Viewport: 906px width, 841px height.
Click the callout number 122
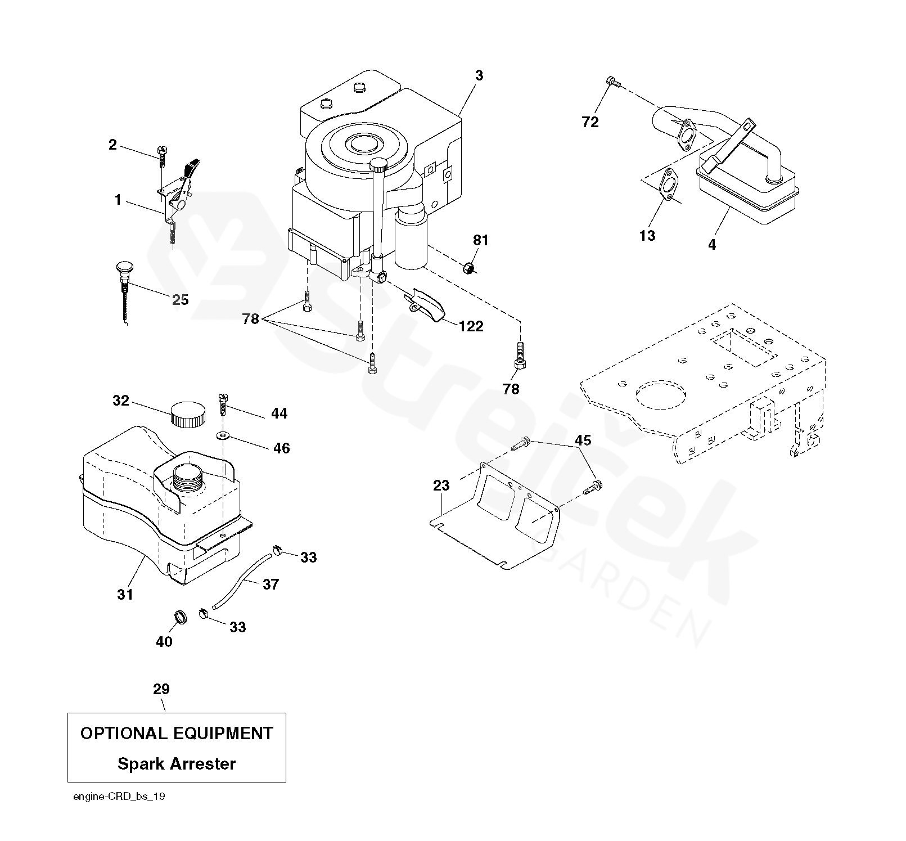pos(471,326)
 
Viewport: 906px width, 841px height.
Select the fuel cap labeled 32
pos(188,415)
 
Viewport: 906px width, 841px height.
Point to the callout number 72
pos(590,122)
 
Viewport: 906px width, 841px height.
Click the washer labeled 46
pos(225,435)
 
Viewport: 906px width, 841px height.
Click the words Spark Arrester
pos(177,764)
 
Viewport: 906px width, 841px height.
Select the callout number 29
pos(161,689)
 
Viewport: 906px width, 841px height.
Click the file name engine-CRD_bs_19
pos(119,797)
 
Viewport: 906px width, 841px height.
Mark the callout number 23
pos(441,485)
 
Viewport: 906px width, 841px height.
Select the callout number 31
pos(125,594)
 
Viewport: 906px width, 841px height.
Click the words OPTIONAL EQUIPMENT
pos(177,734)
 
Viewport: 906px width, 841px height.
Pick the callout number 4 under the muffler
pos(712,245)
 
